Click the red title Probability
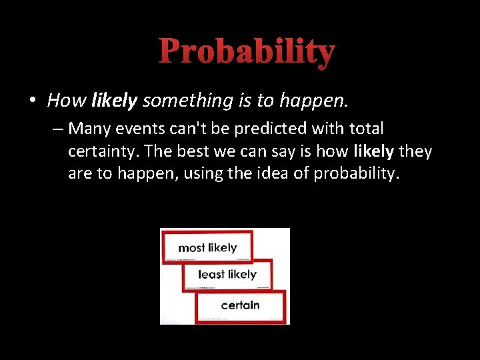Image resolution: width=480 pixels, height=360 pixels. point(247,51)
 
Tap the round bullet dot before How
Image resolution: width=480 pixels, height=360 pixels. point(32,101)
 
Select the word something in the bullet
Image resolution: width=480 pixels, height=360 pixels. point(187,101)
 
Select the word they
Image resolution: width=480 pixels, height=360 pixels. point(415,152)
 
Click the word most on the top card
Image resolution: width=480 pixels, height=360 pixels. point(191,248)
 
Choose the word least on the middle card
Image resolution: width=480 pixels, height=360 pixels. point(211,275)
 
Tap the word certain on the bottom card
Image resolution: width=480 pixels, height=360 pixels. point(240,305)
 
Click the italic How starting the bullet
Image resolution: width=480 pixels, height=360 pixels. point(67,101)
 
